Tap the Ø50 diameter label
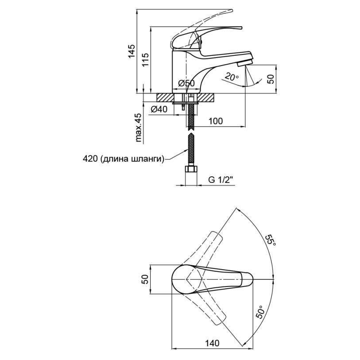[186, 83]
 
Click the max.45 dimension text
[138, 128]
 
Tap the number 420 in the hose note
[91, 159]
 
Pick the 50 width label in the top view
[145, 279]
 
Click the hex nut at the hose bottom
[191, 170]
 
